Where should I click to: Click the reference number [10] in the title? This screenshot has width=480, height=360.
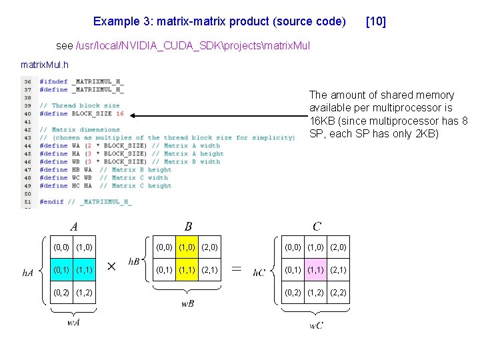pos(376,21)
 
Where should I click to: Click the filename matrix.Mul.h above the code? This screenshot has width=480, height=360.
pos(45,65)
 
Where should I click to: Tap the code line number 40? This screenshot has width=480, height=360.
pos(28,114)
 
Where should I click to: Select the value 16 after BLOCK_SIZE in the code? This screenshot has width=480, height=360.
pos(120,114)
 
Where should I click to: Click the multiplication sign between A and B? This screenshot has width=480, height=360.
pos(111,266)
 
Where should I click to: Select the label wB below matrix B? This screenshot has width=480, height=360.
pos(188,304)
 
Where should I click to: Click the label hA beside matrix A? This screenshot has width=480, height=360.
pos(29,272)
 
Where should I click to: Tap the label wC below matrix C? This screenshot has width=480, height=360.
pos(317,325)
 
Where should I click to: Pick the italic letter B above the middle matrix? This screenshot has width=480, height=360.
pos(188,227)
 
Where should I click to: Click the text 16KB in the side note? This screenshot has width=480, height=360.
pos(323,121)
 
